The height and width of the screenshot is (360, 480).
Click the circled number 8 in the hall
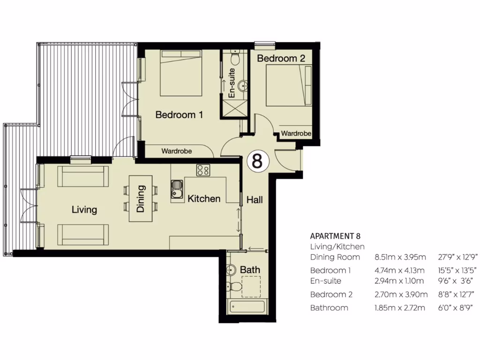click(257, 161)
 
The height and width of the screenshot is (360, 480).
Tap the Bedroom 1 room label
click(179, 114)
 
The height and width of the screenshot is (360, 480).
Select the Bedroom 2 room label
click(281, 59)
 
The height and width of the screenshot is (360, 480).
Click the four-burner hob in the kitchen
click(203, 170)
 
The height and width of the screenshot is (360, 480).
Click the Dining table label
click(141, 199)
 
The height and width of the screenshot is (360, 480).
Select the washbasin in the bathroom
click(231, 271)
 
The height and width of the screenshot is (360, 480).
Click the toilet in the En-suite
click(236, 58)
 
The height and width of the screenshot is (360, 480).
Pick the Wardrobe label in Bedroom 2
click(296, 134)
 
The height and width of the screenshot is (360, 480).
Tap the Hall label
click(255, 200)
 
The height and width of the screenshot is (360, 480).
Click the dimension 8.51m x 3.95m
click(400, 257)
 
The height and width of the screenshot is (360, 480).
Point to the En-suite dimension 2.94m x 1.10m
click(400, 281)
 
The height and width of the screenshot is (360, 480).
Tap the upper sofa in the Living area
click(83, 176)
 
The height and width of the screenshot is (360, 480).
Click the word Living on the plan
click(84, 210)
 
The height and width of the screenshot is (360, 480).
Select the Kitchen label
click(204, 199)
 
